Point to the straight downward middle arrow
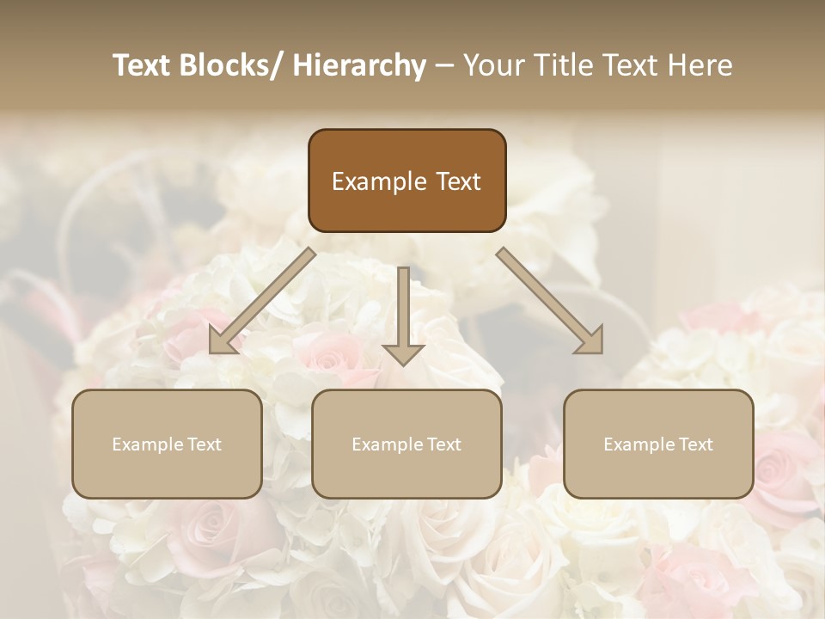[x=403, y=309]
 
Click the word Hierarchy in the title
[x=359, y=65]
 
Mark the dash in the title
[x=444, y=65]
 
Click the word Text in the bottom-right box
[x=694, y=444]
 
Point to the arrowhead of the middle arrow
[x=403, y=352]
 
